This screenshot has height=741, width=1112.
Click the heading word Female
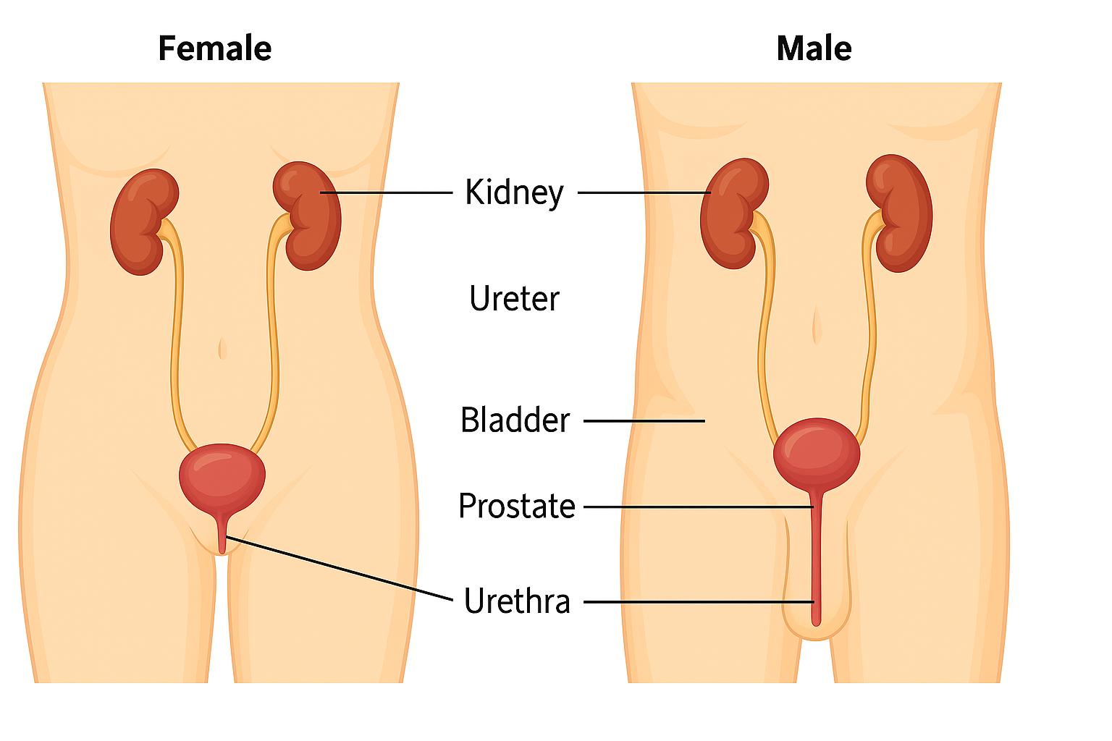pyautogui.click(x=214, y=49)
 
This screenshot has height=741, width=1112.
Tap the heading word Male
pyautogui.click(x=813, y=49)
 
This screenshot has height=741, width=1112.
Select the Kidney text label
pyautogui.click(x=514, y=192)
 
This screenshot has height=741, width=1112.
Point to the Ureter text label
pyautogui.click(x=514, y=299)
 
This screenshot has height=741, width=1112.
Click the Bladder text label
pyautogui.click(x=515, y=420)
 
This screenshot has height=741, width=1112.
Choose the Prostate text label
pyautogui.click(x=516, y=506)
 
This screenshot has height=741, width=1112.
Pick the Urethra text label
pyautogui.click(x=517, y=601)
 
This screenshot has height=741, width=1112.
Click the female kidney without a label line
pyautogui.click(x=143, y=221)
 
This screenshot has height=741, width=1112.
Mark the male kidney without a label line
pyautogui.click(x=900, y=213)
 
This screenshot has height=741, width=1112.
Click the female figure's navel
pyautogui.click(x=222, y=349)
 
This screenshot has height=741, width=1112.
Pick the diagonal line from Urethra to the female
pyautogui.click(x=340, y=569)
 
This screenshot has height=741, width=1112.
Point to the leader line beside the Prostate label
pyautogui.click(x=699, y=507)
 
